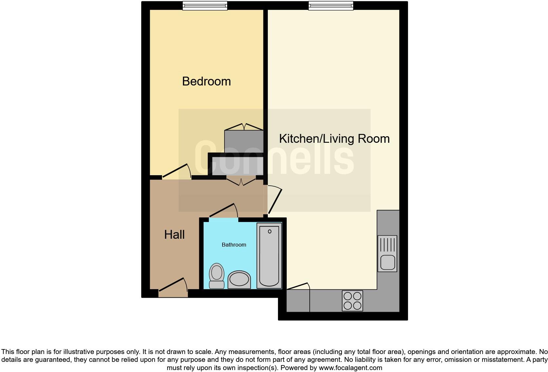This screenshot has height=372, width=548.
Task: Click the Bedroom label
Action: click(x=206, y=81)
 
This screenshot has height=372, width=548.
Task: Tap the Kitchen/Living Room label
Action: click(x=334, y=139)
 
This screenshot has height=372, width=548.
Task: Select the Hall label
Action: click(x=174, y=234)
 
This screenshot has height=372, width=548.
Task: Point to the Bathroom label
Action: click(x=234, y=245)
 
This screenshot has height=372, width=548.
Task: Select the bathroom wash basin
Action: click(x=239, y=280)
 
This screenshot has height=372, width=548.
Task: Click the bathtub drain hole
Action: click(x=269, y=232)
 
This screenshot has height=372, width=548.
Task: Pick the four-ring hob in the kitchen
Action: click(x=352, y=301)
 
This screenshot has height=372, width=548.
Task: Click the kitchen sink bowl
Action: click(x=387, y=262)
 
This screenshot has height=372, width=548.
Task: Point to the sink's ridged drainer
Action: click(x=387, y=244)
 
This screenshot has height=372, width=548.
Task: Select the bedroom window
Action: click(x=205, y=6)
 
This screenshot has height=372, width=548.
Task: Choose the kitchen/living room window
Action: click(x=331, y=6)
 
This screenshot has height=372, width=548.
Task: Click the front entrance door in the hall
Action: click(x=173, y=286)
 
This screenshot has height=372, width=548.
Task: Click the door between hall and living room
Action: click(x=275, y=200)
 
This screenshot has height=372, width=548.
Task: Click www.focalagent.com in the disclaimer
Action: click(x=350, y=368)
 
